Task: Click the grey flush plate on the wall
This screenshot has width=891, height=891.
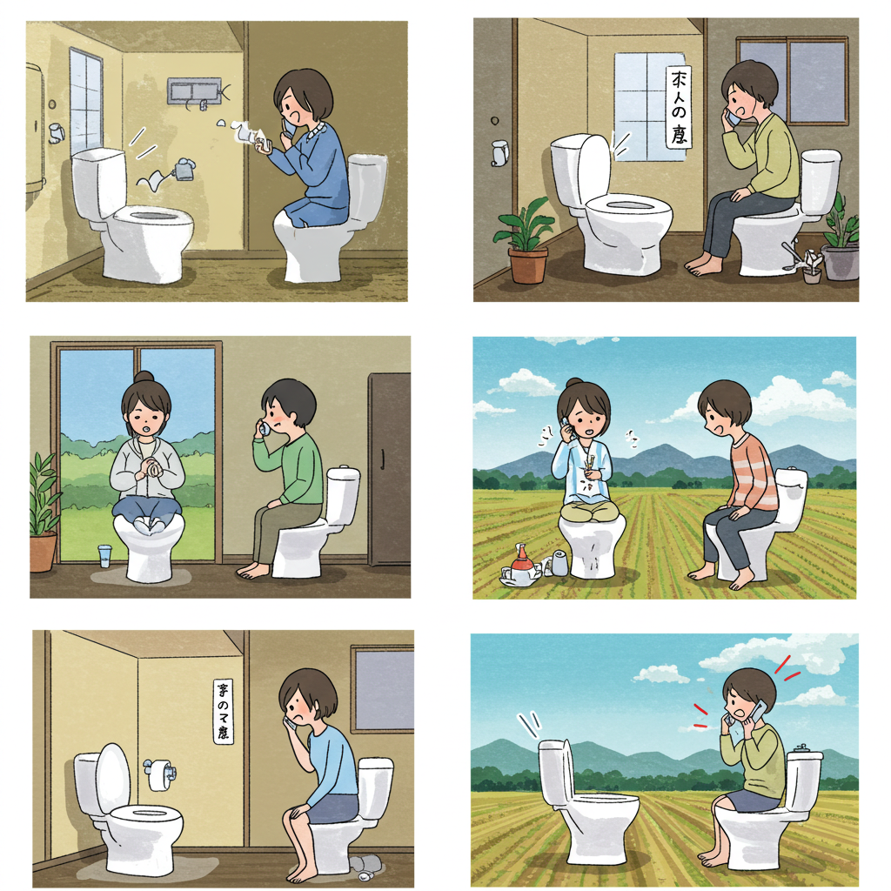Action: [x=193, y=91]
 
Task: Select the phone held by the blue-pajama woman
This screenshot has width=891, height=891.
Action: [x=289, y=127]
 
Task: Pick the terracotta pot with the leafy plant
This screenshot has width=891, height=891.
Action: [x=527, y=264]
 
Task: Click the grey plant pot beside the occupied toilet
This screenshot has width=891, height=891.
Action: [x=841, y=261]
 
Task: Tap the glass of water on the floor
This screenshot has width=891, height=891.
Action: [x=105, y=556]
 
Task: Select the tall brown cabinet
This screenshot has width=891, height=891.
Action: [x=388, y=469]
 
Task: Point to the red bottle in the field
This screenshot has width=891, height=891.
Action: [x=522, y=562]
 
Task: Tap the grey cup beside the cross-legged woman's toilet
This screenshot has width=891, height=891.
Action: [x=559, y=565]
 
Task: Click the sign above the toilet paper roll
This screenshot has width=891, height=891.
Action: [x=224, y=711]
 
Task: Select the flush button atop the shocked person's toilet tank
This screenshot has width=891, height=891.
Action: [x=804, y=748]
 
